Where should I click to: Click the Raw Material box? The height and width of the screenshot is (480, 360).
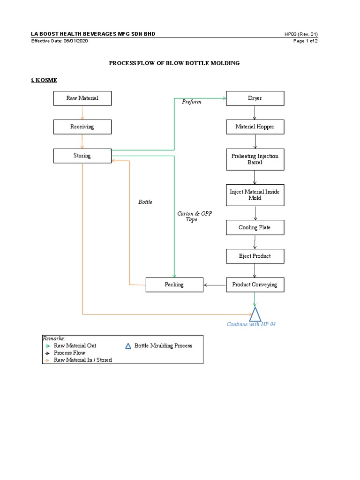point(82,98)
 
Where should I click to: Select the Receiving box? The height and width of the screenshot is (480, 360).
point(82,127)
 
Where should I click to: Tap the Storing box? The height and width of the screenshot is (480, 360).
point(82,156)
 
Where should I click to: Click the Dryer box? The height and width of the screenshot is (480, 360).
point(255,98)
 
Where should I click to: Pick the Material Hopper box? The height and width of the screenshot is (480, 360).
point(255,127)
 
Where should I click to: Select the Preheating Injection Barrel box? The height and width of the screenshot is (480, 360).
point(255,159)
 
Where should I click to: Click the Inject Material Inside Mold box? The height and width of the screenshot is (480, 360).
point(255,195)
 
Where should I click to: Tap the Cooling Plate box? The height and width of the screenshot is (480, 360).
point(255,227)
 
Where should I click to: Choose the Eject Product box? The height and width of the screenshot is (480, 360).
point(255,256)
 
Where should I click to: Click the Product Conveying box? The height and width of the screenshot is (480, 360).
point(255,285)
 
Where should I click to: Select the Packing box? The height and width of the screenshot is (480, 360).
point(174,285)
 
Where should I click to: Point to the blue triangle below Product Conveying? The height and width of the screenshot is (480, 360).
point(255,315)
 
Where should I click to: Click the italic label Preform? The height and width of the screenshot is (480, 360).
point(192,102)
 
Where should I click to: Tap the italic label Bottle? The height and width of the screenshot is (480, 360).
point(145,202)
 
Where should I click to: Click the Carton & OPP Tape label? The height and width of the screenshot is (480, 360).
point(194,217)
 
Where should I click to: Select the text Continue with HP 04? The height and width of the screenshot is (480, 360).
point(251,324)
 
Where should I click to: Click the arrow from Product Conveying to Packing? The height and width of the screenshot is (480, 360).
point(215,285)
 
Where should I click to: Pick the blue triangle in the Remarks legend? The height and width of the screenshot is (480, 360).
point(128,346)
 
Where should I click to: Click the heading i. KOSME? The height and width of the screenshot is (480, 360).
point(44,80)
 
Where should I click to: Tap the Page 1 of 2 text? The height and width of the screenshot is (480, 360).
point(306,41)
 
